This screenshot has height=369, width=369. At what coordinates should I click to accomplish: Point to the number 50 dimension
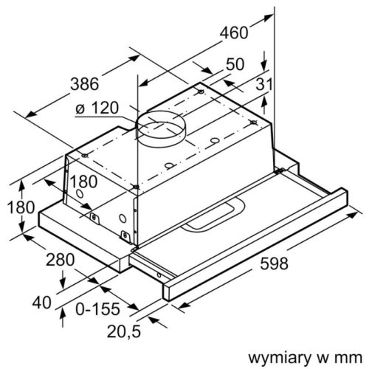(x=235, y=65)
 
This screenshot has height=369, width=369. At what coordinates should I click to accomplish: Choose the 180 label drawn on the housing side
(x=83, y=182)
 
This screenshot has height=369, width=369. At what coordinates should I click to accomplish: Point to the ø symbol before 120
(x=78, y=108)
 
